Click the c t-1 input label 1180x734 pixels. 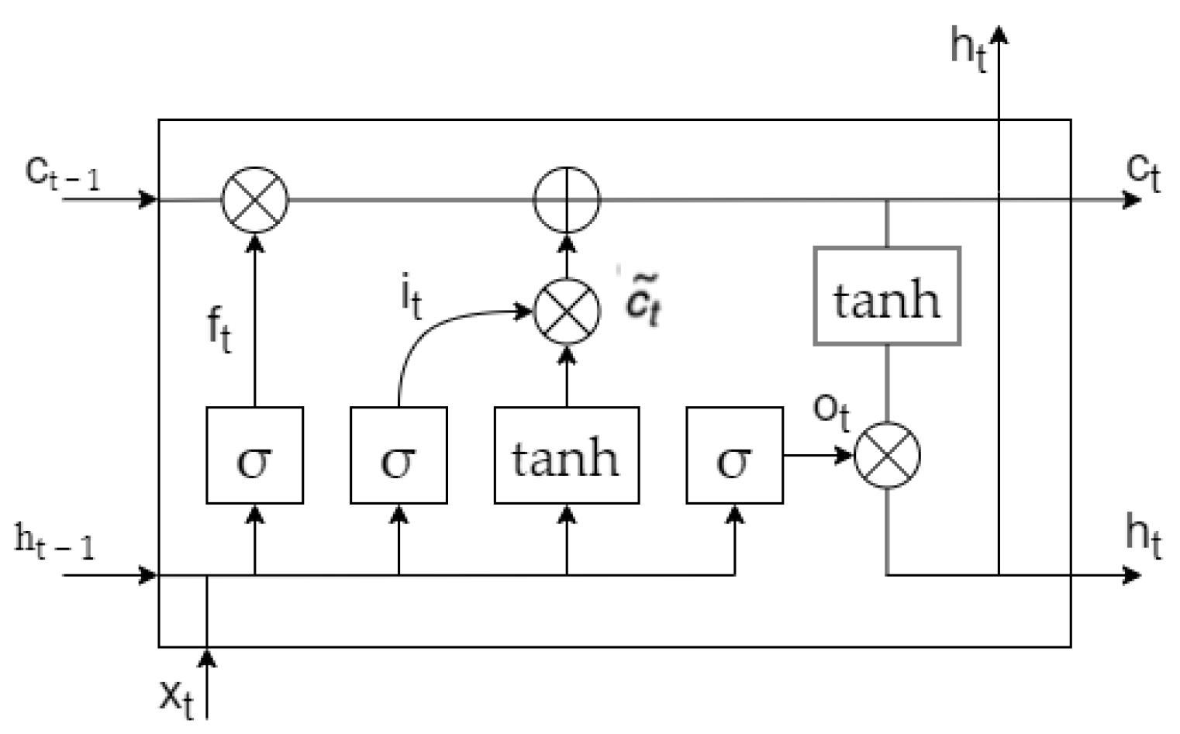click(x=62, y=172)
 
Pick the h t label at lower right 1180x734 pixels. click(x=1144, y=536)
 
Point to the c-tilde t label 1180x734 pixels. click(x=643, y=302)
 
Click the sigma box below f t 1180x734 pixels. click(x=254, y=456)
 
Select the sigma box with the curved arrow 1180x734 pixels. click(x=399, y=456)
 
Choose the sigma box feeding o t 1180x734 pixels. click(x=734, y=456)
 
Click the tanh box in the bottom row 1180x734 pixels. click(x=567, y=456)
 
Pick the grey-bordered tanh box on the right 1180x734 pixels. click(x=887, y=296)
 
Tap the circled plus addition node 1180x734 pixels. click(x=567, y=199)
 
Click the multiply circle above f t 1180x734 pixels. click(x=254, y=199)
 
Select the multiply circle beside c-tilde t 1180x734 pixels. click(x=567, y=312)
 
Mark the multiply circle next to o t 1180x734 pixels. click(x=887, y=455)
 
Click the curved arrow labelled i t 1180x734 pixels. click(x=434, y=326)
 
